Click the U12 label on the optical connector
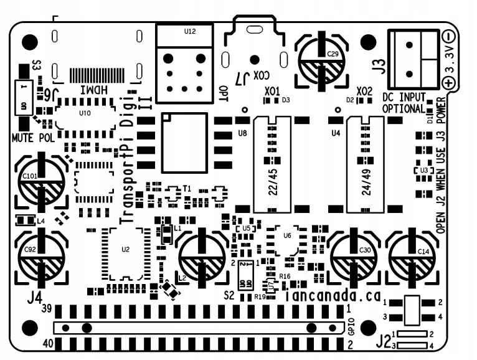[190, 31]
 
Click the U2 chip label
[125, 249]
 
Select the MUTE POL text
[33, 137]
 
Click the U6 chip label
[286, 235]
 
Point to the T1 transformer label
[186, 187]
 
